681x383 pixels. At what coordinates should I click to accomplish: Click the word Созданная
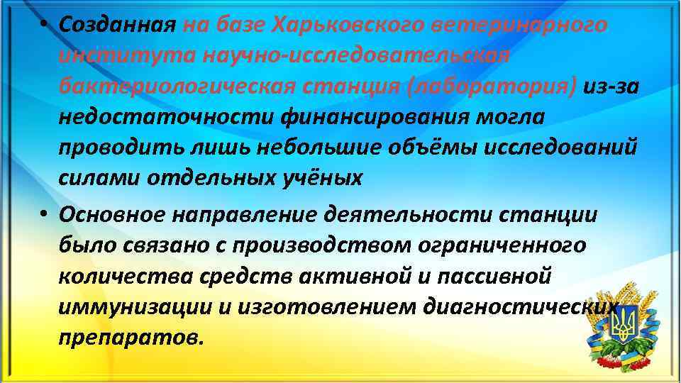tap(117, 25)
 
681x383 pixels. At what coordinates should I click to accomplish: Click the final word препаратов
tap(132, 336)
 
